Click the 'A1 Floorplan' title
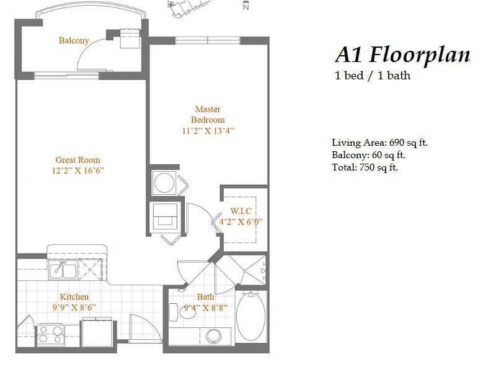coord(402,55)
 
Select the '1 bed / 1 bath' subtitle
coord(372,76)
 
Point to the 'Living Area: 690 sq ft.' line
coord(379,143)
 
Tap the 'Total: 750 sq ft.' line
coord(365,167)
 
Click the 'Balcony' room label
coord(74,41)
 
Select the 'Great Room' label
coord(77,160)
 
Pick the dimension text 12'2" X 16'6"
coord(77,170)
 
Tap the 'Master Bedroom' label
coord(208,115)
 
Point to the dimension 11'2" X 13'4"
coord(208,131)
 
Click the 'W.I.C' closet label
coord(242,210)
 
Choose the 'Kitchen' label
coord(74,297)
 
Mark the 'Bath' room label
coord(205,297)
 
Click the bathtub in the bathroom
coord(251,316)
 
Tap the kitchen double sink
coord(63,271)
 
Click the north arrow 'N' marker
coord(246,7)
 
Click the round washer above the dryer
coord(164,184)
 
